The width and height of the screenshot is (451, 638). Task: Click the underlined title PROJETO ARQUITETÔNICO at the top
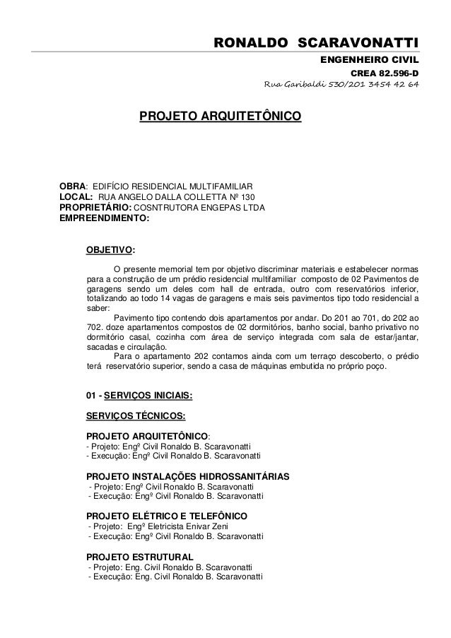click(x=220, y=116)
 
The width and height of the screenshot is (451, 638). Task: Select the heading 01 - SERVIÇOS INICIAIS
click(x=139, y=395)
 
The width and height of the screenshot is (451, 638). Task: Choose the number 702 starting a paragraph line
click(x=93, y=328)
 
